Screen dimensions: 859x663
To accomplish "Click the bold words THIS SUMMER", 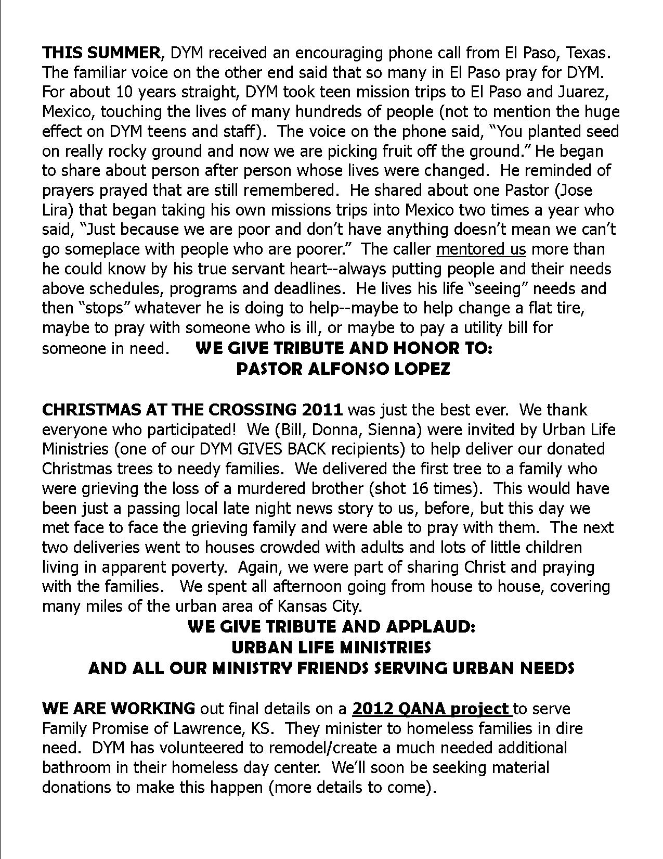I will [101, 53].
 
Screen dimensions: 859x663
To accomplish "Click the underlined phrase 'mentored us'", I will [481, 249].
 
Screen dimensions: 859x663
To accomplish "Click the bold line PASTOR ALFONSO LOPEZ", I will [343, 369].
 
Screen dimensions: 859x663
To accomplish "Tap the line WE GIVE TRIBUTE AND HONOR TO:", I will [344, 348].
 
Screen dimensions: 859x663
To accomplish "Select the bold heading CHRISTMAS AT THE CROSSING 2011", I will [192, 410].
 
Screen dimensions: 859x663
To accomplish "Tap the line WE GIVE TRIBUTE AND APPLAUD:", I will [331, 626].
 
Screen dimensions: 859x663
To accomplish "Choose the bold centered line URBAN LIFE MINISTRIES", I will [331, 647].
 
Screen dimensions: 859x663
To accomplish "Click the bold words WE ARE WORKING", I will [119, 709].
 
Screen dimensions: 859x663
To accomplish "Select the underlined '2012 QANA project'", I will [431, 709].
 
